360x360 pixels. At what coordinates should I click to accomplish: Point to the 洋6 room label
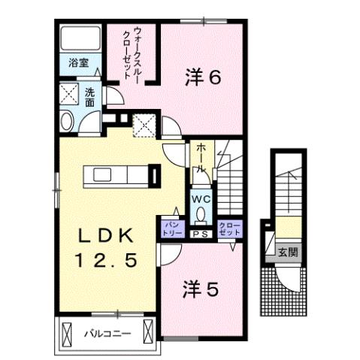pyautogui.click(x=202, y=77)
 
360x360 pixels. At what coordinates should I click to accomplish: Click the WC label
pyautogui.click(x=200, y=199)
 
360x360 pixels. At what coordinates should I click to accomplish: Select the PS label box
pyautogui.click(x=200, y=234)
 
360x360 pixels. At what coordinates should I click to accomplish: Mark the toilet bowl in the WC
pyautogui.click(x=200, y=214)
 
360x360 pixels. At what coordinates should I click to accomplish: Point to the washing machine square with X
pyautogui.click(x=69, y=94)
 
